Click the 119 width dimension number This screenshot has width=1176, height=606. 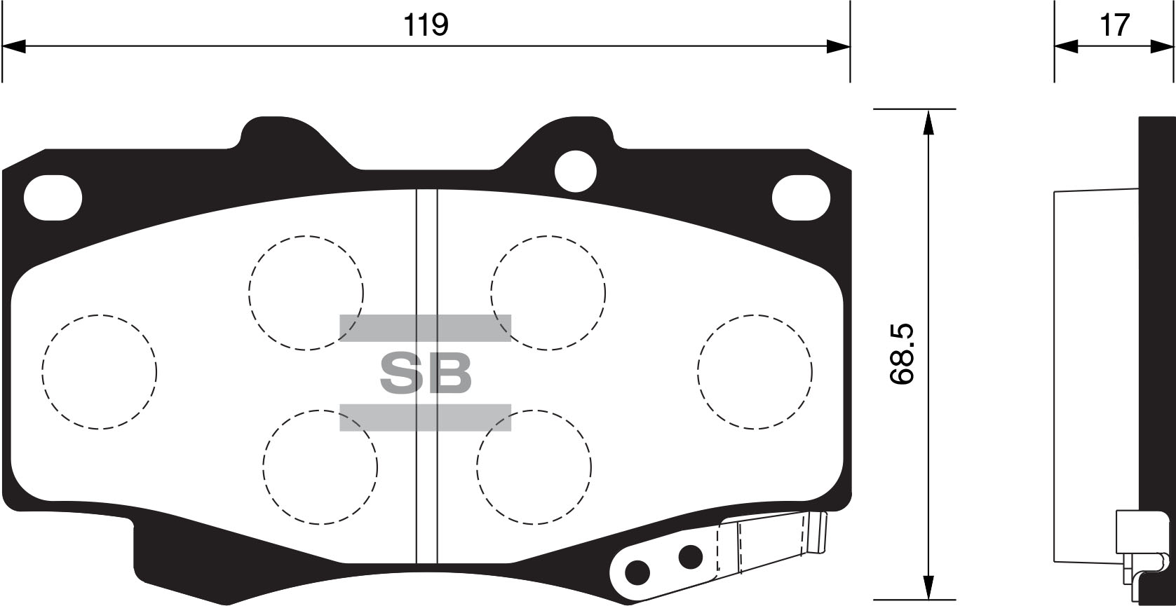pyautogui.click(x=426, y=25)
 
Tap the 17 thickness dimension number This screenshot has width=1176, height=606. pyautogui.click(x=1114, y=25)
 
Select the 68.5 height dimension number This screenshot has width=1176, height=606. pyautogui.click(x=903, y=354)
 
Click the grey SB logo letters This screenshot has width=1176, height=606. pyautogui.click(x=425, y=373)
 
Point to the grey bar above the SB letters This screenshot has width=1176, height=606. pyautogui.click(x=425, y=328)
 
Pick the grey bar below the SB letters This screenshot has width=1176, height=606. pyautogui.click(x=425, y=418)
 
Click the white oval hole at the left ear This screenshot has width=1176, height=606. pyautogui.click(x=53, y=198)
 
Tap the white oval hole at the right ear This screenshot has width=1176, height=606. pyautogui.click(x=801, y=198)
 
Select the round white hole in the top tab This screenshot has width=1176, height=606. pyautogui.click(x=576, y=171)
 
